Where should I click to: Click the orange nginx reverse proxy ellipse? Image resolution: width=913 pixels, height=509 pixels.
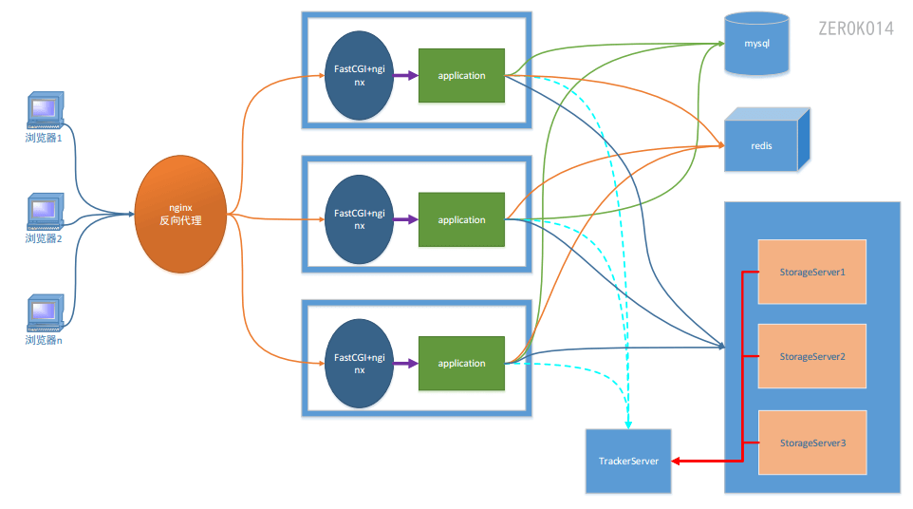[180, 214]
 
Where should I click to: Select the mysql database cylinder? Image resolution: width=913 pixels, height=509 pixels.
[756, 44]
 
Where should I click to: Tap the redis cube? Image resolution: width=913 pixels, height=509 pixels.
[767, 140]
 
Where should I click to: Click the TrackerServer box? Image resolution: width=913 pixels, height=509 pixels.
[628, 462]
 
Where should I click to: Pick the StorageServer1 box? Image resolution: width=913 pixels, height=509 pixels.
[812, 272]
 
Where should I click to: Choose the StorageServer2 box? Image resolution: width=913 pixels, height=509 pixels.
[812, 356]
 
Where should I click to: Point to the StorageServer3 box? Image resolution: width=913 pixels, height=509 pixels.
[812, 443]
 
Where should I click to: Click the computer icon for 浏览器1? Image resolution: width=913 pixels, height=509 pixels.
[46, 110]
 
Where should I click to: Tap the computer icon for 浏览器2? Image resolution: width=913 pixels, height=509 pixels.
[46, 212]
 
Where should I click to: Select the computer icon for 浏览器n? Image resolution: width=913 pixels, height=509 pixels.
[46, 312]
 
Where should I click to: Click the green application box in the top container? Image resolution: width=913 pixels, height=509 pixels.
[462, 76]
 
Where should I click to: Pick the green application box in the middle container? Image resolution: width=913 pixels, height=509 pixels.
[462, 219]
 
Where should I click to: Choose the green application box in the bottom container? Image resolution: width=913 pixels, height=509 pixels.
[462, 364]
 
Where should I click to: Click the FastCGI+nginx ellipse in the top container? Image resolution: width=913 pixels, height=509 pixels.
[360, 76]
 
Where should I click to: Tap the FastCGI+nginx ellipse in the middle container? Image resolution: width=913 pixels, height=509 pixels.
[360, 219]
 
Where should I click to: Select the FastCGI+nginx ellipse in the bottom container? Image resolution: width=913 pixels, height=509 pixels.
[360, 364]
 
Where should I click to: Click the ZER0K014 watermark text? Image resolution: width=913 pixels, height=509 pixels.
[856, 28]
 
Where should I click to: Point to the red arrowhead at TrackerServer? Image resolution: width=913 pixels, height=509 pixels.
[676, 462]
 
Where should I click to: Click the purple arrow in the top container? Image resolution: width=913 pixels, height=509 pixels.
[406, 76]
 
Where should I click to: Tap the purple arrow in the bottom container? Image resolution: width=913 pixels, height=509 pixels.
[406, 364]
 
